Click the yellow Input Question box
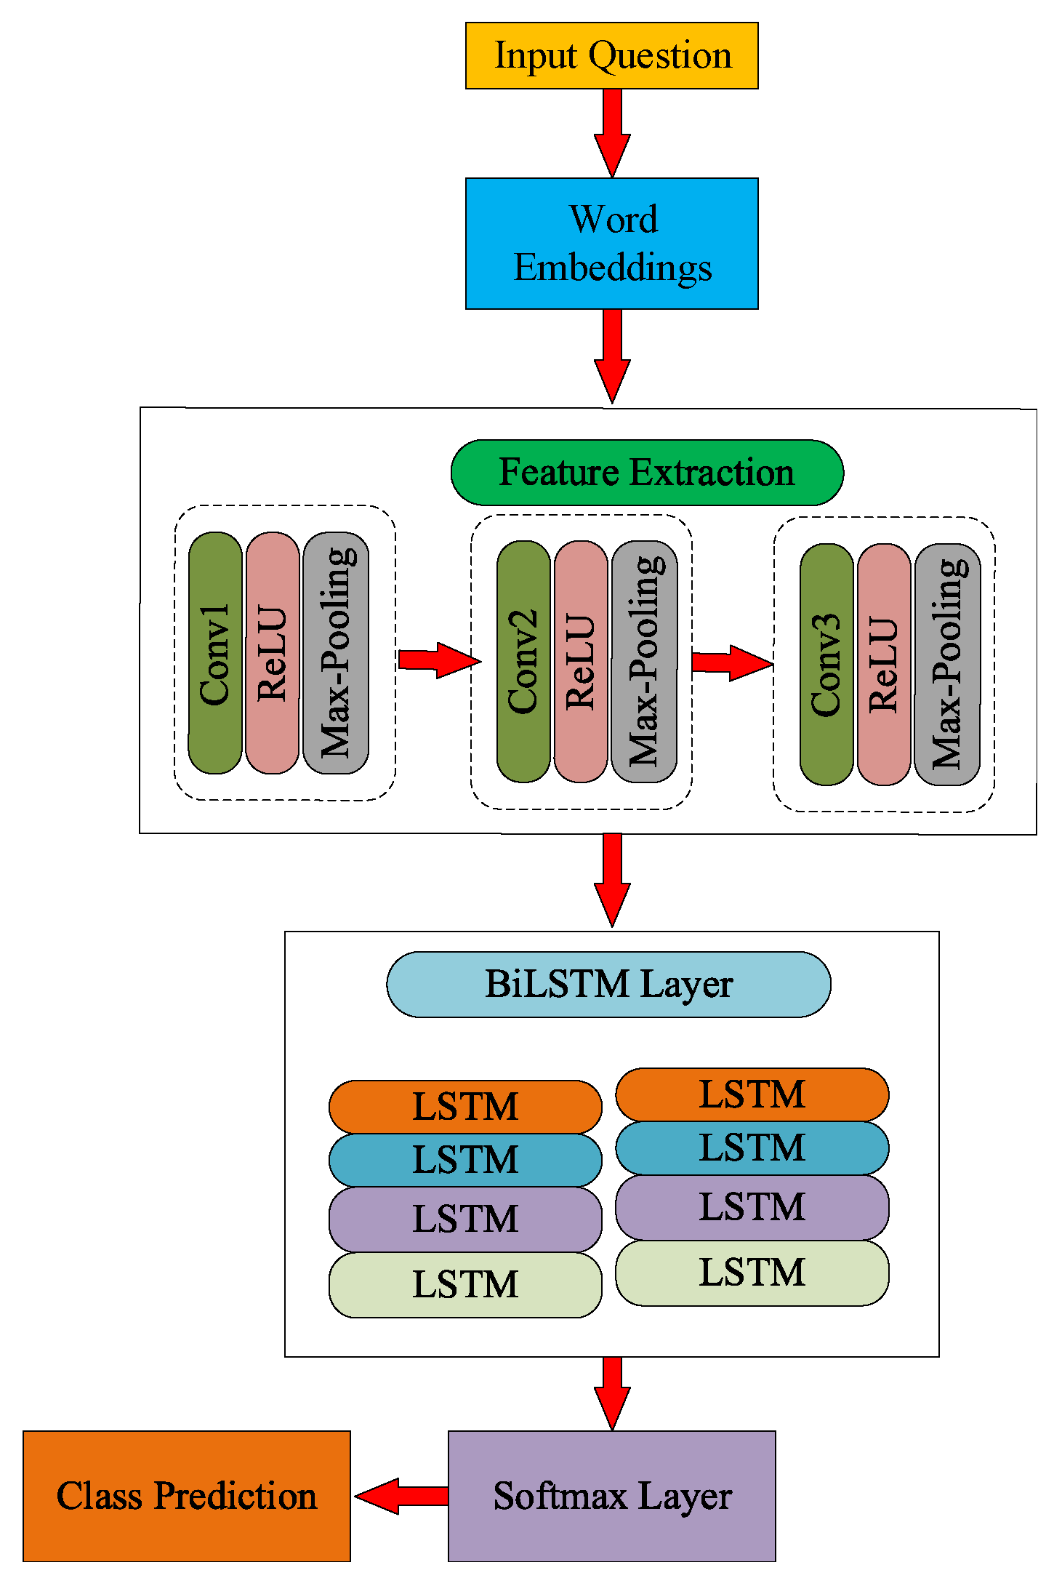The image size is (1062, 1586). point(611,55)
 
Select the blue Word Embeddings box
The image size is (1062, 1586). point(611,244)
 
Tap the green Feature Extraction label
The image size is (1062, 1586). point(646,473)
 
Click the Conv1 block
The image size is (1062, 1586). point(215,653)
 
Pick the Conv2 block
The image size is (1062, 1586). point(523,661)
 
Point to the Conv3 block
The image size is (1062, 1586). point(826,664)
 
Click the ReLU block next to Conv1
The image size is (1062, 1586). point(273,653)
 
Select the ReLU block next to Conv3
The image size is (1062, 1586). point(884,664)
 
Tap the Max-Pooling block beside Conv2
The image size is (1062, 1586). point(645,661)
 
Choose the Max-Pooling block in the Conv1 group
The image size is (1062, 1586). point(336,653)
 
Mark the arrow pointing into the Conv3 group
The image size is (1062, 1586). point(731,662)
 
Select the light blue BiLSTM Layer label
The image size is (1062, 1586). point(608,984)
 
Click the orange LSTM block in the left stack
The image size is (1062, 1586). point(465,1106)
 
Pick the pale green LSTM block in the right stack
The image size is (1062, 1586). point(752,1273)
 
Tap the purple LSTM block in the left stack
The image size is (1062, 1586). point(465,1219)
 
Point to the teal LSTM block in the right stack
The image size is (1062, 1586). point(752,1148)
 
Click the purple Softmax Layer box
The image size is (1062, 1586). point(611,1496)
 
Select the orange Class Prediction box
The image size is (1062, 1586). point(187,1496)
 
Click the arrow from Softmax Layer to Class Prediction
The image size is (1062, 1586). point(401,1496)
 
